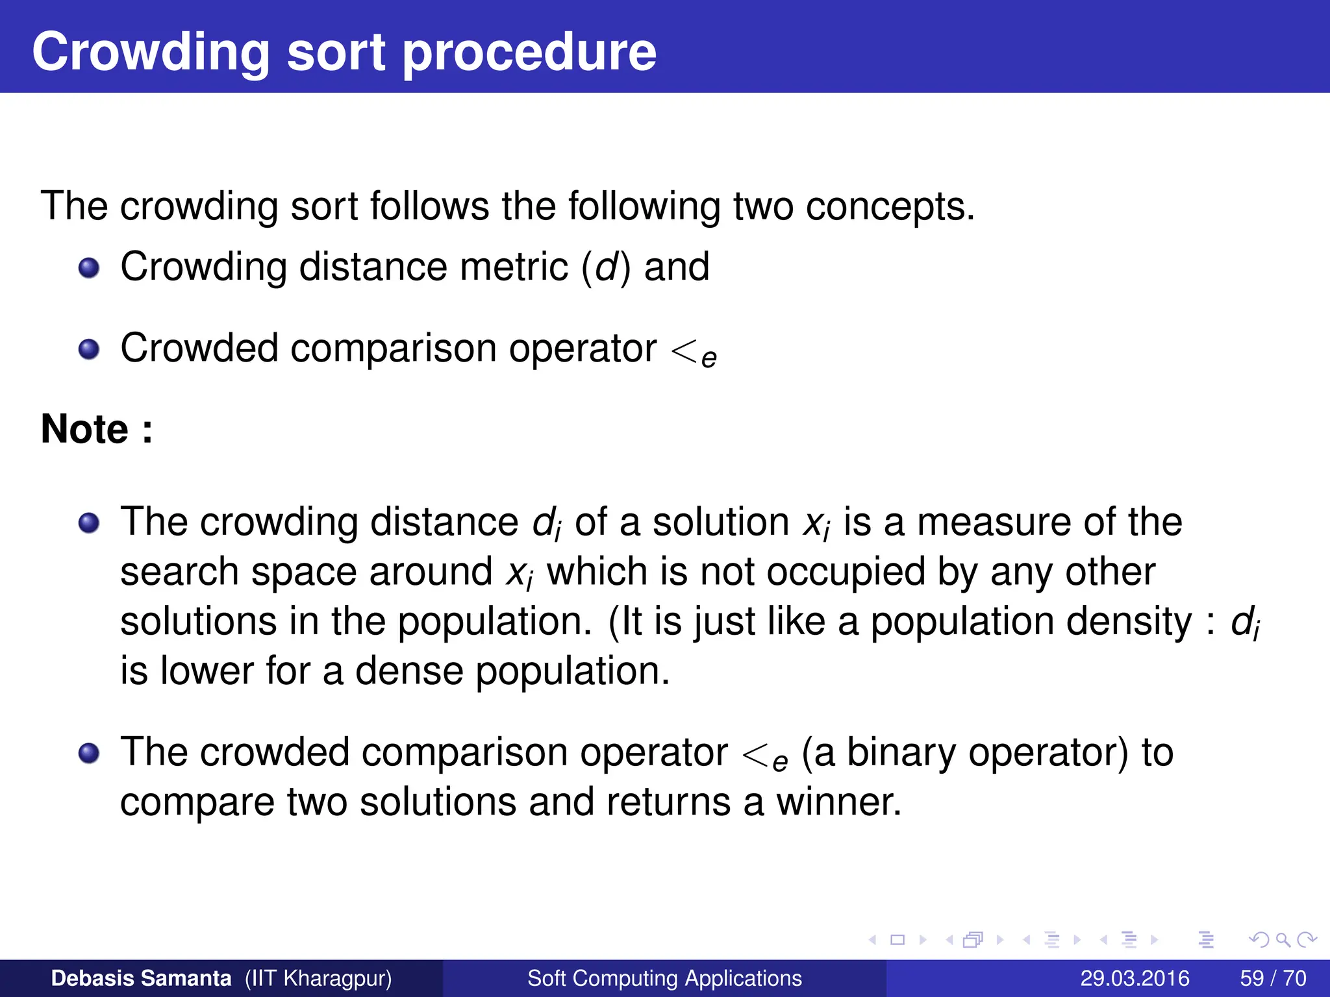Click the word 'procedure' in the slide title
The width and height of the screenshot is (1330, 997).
point(529,53)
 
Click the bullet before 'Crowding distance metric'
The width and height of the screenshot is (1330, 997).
point(89,268)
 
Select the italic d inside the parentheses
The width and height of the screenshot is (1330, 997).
point(606,267)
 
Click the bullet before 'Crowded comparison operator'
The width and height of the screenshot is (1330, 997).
point(89,350)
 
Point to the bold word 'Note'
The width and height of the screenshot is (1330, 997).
point(84,429)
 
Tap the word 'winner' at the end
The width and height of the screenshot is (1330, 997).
point(838,802)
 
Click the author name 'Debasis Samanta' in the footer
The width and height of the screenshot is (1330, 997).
point(141,978)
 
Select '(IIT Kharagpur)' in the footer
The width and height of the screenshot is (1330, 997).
point(318,978)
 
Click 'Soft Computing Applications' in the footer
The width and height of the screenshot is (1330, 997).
point(664,978)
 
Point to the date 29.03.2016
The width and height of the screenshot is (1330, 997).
point(1135,978)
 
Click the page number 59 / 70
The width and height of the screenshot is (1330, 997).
point(1273,978)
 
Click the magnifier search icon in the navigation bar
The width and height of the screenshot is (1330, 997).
point(1282,940)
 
